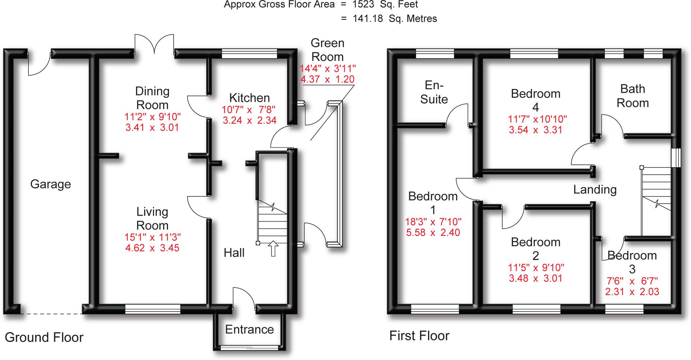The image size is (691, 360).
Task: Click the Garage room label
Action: (50, 184)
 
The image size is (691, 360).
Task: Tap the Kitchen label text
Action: (249, 98)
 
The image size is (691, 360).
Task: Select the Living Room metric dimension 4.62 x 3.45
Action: (152, 248)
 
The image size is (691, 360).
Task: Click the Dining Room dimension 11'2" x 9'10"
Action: (152, 117)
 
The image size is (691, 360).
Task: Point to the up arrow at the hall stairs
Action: (273, 248)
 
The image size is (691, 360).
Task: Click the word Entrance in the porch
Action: (249, 329)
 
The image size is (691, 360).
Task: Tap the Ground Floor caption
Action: (44, 337)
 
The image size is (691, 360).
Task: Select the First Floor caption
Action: (419, 336)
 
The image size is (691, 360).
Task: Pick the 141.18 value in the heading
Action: (368, 19)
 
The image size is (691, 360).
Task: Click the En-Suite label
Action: (434, 92)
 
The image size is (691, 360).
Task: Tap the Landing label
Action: (595, 189)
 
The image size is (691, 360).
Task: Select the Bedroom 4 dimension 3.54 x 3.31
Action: (536, 130)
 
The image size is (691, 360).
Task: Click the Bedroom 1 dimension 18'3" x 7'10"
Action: (433, 222)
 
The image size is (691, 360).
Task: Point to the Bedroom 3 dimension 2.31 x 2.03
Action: (632, 292)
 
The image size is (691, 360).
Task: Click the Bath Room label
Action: (632, 96)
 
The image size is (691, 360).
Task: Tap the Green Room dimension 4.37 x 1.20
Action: (327, 79)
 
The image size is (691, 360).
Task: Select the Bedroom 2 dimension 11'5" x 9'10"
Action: (536, 267)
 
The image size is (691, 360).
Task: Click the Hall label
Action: (234, 253)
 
